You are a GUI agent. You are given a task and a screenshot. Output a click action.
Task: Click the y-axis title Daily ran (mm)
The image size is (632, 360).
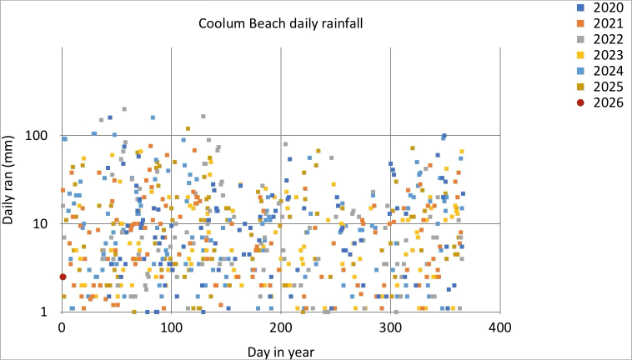(13, 179)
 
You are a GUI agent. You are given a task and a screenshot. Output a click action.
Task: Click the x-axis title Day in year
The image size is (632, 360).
(280, 352)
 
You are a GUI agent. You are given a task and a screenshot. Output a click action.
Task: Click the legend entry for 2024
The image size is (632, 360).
(602, 72)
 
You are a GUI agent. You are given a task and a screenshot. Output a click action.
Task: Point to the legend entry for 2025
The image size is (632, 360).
(602, 87)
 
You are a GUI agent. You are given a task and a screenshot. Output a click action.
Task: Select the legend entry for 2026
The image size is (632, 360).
(602, 102)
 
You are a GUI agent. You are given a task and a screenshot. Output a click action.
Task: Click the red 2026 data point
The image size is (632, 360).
(63, 277)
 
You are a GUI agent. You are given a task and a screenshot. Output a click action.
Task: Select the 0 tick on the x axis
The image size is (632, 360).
(62, 326)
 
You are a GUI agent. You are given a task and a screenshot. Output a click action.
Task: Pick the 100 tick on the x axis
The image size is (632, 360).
(171, 326)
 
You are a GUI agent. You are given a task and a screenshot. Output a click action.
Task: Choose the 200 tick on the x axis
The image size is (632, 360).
(280, 326)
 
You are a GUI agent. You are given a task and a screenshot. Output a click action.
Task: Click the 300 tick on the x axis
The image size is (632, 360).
(390, 326)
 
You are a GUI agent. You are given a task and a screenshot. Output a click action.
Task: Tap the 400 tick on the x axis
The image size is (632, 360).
(499, 326)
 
